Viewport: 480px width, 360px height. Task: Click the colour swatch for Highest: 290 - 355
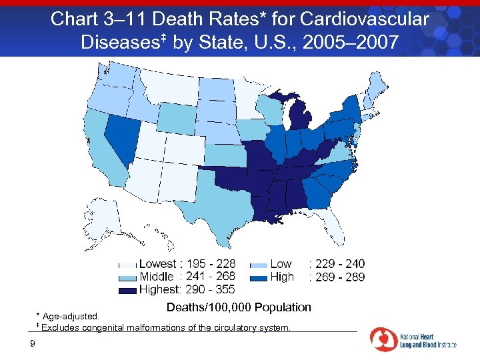pos(129,290)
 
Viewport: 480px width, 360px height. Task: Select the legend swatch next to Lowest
pos(129,265)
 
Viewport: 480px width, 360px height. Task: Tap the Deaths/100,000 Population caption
pos(239,307)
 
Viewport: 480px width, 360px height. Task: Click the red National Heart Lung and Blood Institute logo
pos(384,339)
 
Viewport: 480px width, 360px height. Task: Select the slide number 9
pos(32,344)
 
